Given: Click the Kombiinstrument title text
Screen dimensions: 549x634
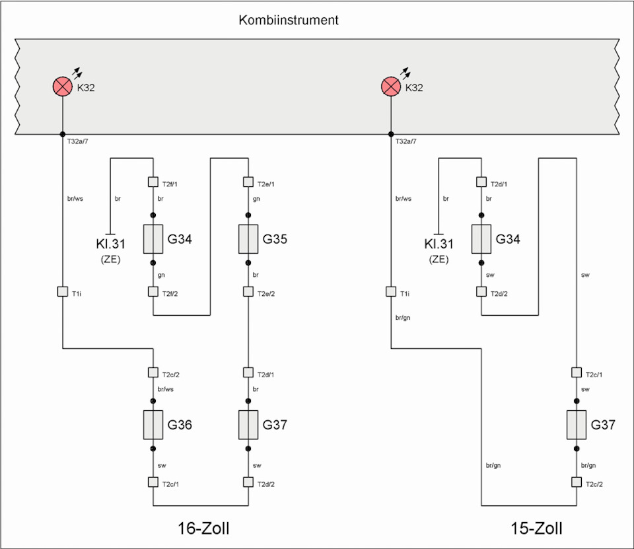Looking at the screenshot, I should point(289,20).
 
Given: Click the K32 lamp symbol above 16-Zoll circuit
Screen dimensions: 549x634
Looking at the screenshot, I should point(62,87).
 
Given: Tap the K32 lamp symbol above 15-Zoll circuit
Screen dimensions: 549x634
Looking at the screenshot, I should point(391,87).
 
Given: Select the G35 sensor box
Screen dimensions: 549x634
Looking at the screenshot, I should point(248,239).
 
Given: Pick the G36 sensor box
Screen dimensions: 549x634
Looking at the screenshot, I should point(153,424).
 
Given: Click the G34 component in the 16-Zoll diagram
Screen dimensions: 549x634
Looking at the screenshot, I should point(153,239).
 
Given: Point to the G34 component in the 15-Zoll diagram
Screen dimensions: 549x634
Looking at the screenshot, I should point(481,239).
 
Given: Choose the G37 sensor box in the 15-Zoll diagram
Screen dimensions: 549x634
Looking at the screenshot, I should point(577,424).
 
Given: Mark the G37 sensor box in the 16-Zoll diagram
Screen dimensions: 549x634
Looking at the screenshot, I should point(248,424).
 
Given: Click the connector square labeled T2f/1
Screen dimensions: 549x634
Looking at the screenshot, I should point(153,182).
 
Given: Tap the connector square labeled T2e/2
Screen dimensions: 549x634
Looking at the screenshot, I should point(248,291).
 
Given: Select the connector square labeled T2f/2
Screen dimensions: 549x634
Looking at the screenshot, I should point(153,291).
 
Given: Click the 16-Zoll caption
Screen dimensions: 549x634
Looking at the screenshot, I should point(207,529).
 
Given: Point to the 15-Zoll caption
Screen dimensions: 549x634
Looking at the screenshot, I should point(536,529).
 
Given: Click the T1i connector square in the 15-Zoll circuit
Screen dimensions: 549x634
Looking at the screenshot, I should point(391,291).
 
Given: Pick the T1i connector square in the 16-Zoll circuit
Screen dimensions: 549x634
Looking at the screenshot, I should point(62,291).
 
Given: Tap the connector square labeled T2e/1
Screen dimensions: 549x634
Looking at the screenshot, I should point(248,182).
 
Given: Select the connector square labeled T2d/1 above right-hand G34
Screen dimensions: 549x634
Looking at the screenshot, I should point(481,182).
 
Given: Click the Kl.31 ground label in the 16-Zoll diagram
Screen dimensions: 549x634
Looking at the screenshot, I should point(110,244).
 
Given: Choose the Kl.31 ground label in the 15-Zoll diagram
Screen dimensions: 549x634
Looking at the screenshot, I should point(439,244).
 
